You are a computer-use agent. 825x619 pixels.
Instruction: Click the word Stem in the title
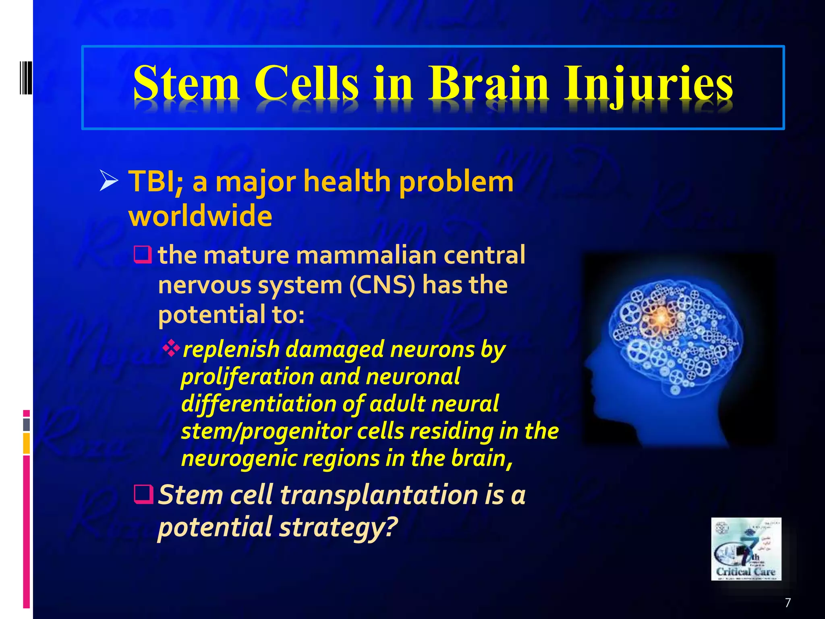click(186, 84)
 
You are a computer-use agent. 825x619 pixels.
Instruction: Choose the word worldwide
click(200, 216)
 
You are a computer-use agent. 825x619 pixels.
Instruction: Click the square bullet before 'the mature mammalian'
click(143, 255)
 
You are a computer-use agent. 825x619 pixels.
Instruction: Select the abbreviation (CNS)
click(381, 285)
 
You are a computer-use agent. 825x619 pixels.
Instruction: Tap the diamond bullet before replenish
click(171, 348)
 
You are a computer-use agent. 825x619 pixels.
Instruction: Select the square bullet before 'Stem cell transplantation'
click(143, 494)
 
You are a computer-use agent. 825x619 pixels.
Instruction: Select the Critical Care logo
click(746, 549)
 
